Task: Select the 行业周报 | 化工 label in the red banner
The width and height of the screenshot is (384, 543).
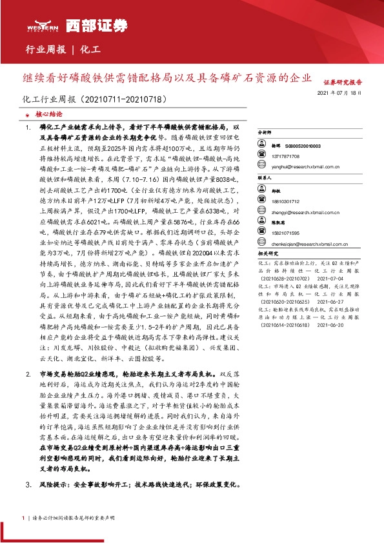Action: [x=63, y=49]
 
